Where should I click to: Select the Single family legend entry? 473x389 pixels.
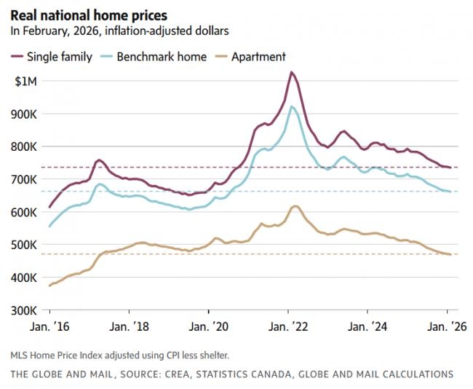pos(59,56)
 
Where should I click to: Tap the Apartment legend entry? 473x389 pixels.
pos(258,56)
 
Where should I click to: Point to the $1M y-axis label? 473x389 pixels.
pos(25,81)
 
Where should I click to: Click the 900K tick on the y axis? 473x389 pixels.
pos(24,114)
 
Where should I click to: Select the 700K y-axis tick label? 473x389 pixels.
pos(24,179)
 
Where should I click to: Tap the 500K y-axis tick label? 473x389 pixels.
pos(24,245)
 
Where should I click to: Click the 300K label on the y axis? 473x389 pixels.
pos(24,310)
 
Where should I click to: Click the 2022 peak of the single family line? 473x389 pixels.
pos(291,72)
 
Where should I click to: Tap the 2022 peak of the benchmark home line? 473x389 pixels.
pos(292,106)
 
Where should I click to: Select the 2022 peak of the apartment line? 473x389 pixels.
pos(294,206)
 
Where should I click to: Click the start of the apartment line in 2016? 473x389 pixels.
pos(49,286)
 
